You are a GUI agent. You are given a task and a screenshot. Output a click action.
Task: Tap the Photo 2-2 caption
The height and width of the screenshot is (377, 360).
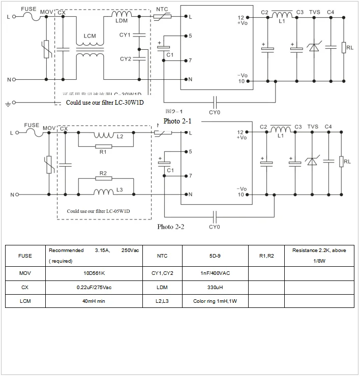pyautogui.click(x=171, y=227)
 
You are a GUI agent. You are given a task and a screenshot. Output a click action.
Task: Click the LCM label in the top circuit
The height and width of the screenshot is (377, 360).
pyautogui.click(x=89, y=37)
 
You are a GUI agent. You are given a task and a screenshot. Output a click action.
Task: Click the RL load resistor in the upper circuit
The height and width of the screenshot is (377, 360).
pyautogui.click(x=344, y=48)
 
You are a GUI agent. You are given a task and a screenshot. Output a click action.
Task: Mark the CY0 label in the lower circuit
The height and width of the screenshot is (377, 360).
pyautogui.click(x=215, y=227)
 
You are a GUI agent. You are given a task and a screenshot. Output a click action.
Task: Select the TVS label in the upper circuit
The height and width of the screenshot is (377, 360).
pyautogui.click(x=314, y=12)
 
